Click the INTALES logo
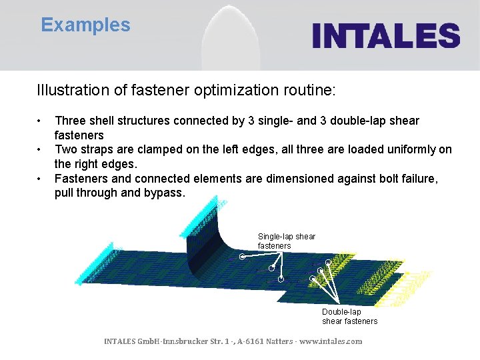386,35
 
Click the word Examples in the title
85,25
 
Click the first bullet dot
41,121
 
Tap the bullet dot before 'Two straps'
41,150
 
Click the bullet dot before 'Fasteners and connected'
41,179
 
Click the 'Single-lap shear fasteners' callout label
286,241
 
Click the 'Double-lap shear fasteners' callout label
349,317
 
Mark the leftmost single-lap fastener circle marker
242,256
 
